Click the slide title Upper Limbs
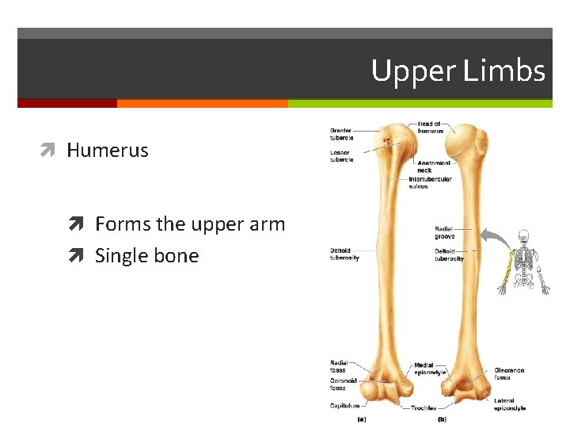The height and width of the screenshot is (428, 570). coord(458,71)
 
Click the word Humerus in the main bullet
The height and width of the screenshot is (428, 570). coord(108,151)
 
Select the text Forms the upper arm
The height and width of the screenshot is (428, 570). coord(189,224)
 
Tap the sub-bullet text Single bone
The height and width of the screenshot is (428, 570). coord(146,256)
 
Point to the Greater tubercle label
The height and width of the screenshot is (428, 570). coord(341,134)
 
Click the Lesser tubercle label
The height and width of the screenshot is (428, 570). coord(341,155)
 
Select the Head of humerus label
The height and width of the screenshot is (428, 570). coord(431,127)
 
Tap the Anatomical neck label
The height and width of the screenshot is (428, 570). coord(433,166)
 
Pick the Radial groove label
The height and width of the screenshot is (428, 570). coord(444,232)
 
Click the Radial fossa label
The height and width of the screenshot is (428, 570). coord(339,366)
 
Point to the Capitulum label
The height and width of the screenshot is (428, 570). coord(344,406)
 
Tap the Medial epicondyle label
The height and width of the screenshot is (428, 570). coord(430,369)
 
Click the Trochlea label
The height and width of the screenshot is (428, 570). coord(424,408)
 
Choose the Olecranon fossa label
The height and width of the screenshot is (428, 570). coord(509,373)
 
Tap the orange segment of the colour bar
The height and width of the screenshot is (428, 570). coord(202,103)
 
